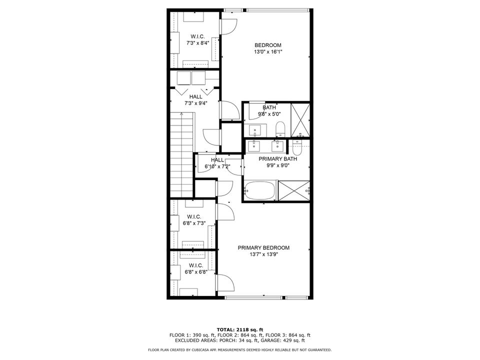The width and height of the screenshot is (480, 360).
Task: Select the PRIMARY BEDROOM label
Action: pos(263,248)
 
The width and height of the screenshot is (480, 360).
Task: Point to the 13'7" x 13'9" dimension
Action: pos(263,254)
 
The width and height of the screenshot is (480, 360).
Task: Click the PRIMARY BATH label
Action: pos(277,159)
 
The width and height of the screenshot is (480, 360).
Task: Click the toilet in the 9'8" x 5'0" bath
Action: pos(280,128)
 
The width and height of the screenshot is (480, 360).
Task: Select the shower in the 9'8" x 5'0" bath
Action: pos(300,120)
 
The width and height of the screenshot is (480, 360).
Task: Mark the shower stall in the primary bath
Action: pos(293,191)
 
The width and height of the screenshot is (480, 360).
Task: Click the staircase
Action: pos(181,155)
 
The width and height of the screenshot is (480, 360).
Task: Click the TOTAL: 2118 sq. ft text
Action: pos(239,329)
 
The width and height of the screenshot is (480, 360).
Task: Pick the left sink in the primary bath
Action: pos(255,146)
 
